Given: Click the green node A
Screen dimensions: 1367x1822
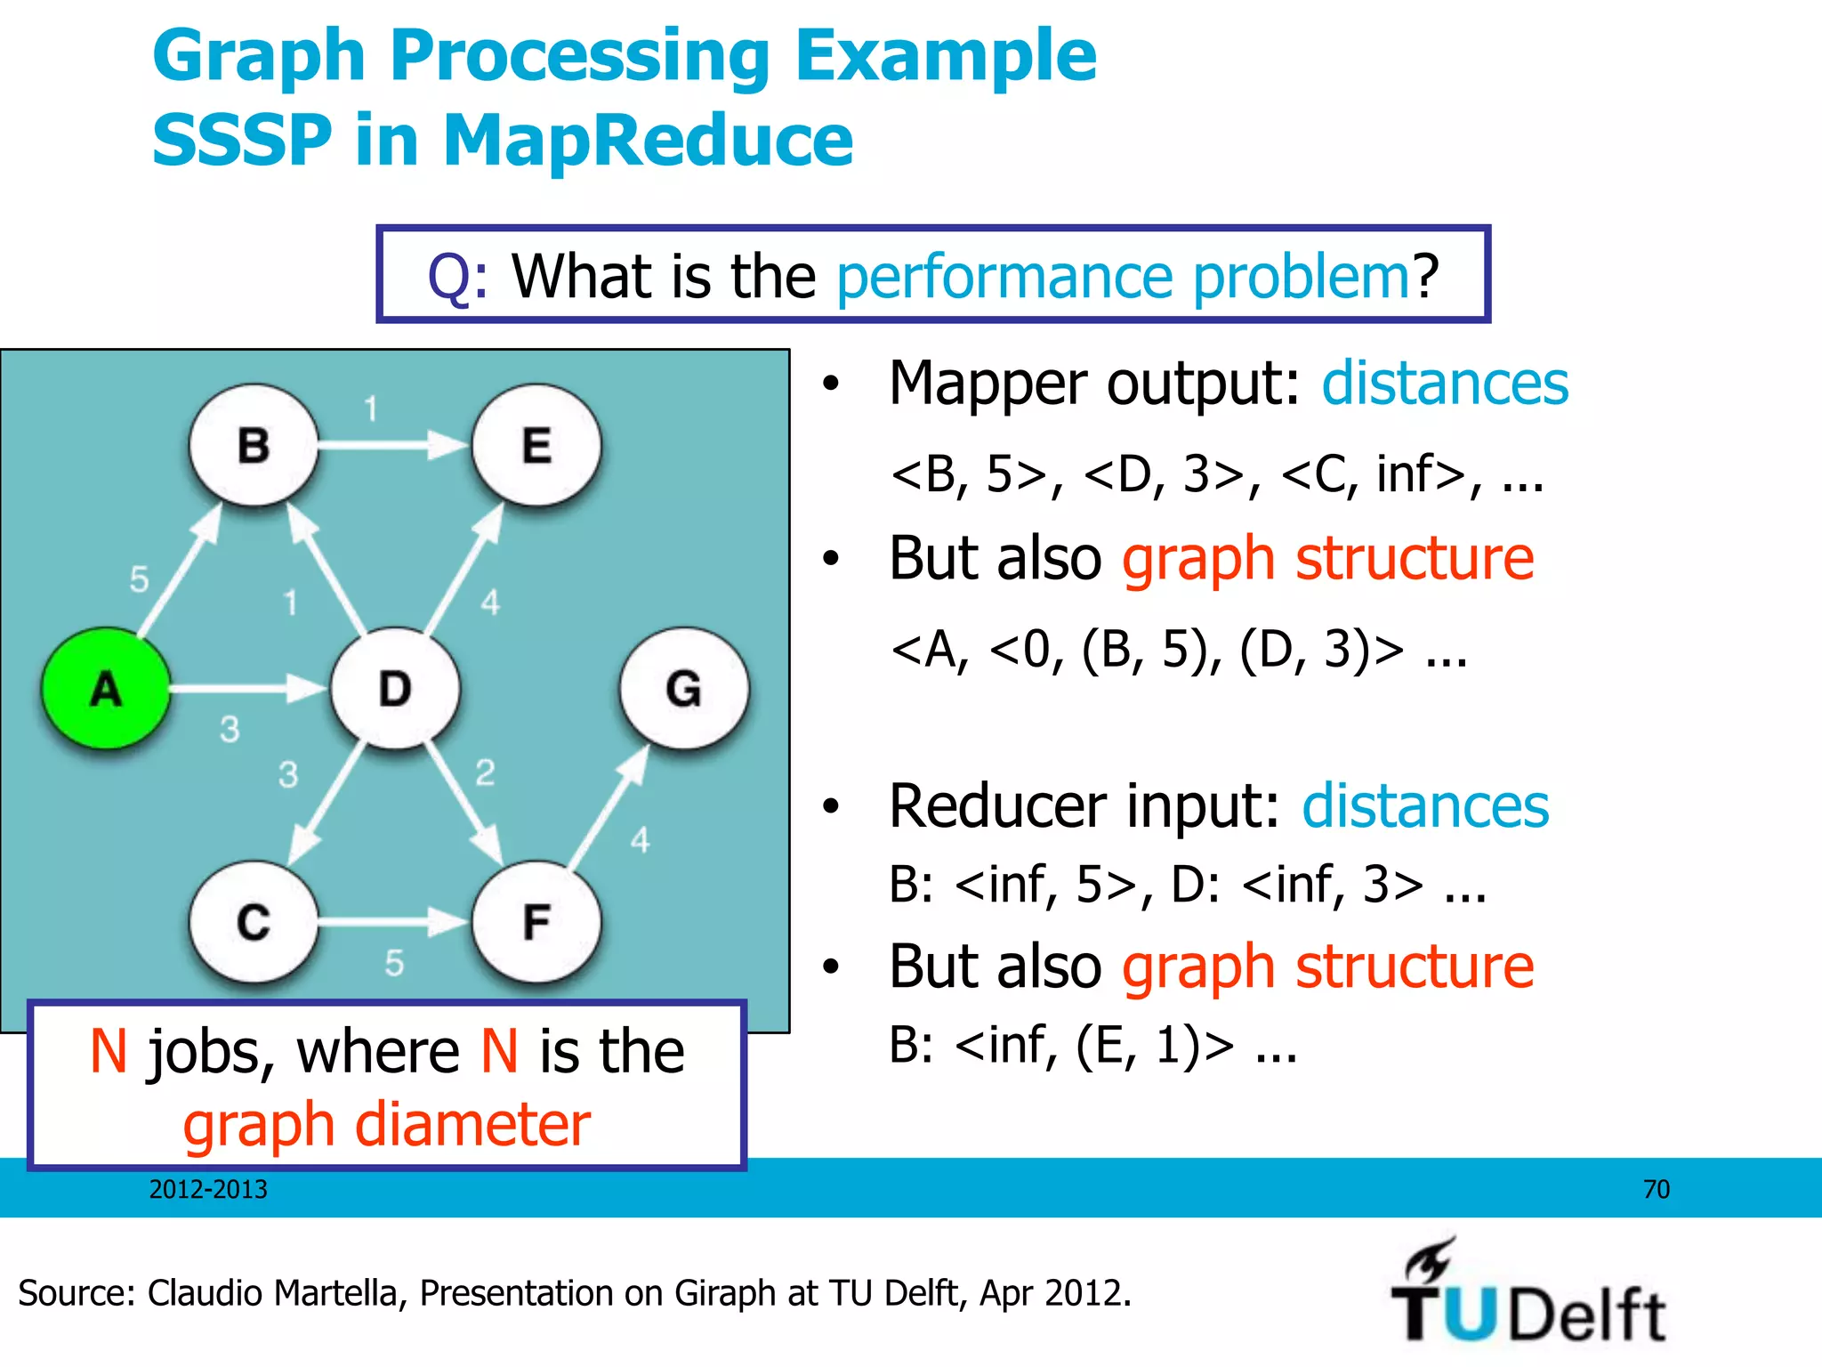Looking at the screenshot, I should [106, 689].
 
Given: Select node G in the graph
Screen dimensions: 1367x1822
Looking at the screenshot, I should [684, 689].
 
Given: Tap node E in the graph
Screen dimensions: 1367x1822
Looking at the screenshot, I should [536, 445].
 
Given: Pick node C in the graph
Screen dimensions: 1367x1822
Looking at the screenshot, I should [254, 922].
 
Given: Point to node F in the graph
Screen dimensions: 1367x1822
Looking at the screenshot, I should [536, 922].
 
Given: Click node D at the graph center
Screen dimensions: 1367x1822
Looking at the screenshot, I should [395, 689].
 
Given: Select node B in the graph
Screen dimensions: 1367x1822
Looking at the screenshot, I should [254, 445].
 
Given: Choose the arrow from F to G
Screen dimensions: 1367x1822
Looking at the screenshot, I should [609, 806].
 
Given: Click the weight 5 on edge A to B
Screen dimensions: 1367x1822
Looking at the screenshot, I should [140, 579].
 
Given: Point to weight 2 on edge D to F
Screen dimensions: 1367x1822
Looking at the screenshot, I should [485, 772].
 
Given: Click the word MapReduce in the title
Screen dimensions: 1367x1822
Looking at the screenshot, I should [648, 141].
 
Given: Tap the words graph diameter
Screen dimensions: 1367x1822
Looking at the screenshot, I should [387, 1125].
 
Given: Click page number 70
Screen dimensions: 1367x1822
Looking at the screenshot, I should [1656, 1189].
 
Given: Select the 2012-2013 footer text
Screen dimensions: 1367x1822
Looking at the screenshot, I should [208, 1189].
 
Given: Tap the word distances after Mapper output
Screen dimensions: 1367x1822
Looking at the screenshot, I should [1444, 384].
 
